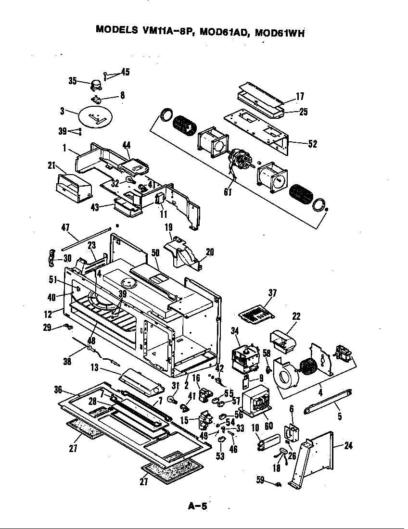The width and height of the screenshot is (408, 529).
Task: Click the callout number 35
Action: (73, 81)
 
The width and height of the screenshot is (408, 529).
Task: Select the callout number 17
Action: (300, 97)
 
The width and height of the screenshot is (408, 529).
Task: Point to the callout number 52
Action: (313, 143)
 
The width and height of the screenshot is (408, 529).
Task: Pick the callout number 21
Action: (51, 165)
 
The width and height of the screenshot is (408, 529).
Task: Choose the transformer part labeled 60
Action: (257, 402)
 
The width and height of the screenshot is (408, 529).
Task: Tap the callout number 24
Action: (348, 446)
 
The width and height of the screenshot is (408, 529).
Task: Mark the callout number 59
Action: (260, 479)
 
